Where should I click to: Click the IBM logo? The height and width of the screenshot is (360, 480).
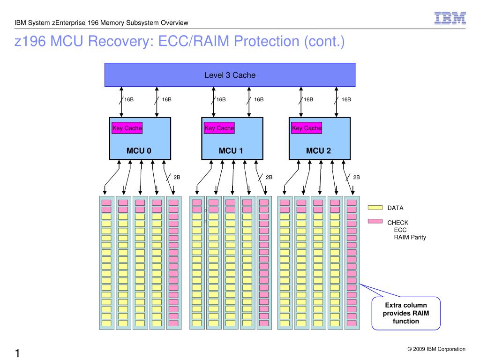tap(450, 18)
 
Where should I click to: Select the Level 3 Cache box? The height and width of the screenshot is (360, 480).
tap(230, 75)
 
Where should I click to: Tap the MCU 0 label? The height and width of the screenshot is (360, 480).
tap(139, 150)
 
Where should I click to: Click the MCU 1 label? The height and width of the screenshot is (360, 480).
tap(231, 150)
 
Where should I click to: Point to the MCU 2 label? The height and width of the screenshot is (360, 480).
tap(318, 150)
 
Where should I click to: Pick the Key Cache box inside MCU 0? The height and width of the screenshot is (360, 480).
tap(127, 128)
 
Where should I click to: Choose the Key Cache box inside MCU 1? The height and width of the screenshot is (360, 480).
tap(219, 128)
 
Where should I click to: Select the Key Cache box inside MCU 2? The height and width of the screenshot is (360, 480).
tap(307, 128)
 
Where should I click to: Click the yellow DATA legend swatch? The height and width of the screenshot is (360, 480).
tap(375, 208)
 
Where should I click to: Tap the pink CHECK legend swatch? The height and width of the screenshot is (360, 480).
tap(375, 221)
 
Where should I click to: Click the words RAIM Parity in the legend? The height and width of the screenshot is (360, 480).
tap(410, 237)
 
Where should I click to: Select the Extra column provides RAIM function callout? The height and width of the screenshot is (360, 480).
tap(406, 313)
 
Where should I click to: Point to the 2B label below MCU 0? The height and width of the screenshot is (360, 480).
tap(177, 177)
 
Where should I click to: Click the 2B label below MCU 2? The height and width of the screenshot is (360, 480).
tap(356, 177)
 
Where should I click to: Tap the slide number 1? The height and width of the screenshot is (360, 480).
tap(17, 353)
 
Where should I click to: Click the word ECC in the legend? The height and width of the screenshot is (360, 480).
tap(400, 230)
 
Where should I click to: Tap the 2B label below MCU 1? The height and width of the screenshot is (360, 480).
tap(269, 177)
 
